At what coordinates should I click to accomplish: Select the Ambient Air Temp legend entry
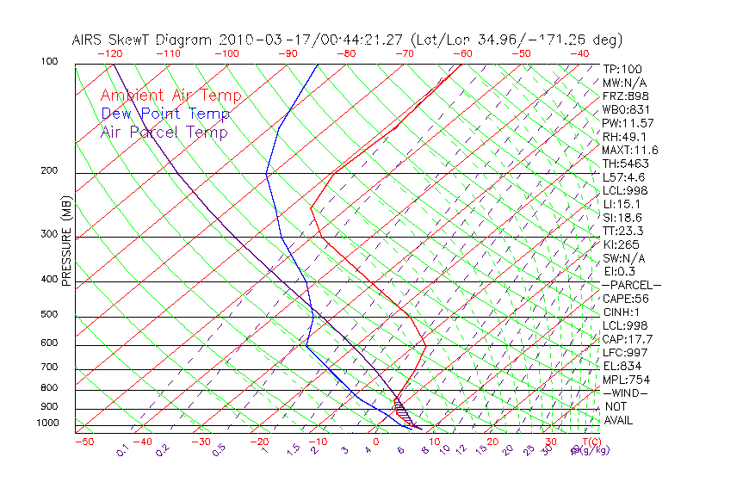pyautogui.click(x=171, y=96)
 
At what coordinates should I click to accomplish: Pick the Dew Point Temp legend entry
pyautogui.click(x=165, y=114)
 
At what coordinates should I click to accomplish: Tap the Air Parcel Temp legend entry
pyautogui.click(x=164, y=132)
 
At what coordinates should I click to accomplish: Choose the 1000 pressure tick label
pyautogui.click(x=48, y=423)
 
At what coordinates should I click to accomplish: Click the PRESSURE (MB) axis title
pyautogui.click(x=65, y=242)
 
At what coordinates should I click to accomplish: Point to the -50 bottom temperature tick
pyautogui.click(x=84, y=442)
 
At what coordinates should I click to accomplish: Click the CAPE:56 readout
pyautogui.click(x=625, y=299)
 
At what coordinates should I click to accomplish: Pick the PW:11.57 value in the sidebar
pyautogui.click(x=628, y=123)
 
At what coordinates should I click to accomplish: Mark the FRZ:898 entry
pyautogui.click(x=625, y=96)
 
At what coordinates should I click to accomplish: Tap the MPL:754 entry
pyautogui.click(x=625, y=380)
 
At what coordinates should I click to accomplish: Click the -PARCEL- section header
pyautogui.click(x=631, y=285)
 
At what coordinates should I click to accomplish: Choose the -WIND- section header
pyautogui.click(x=625, y=392)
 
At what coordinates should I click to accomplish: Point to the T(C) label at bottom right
pyautogui.click(x=590, y=442)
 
